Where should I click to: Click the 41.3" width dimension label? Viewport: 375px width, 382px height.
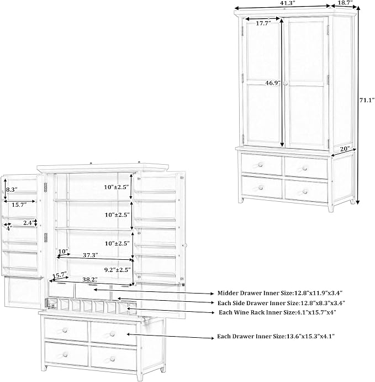pyautogui.click(x=287, y=3)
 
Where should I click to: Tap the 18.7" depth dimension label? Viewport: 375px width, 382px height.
pyautogui.click(x=346, y=3)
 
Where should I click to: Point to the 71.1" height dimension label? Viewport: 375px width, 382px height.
pyautogui.click(x=367, y=100)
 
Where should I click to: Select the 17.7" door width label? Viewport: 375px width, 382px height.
pyautogui.click(x=263, y=23)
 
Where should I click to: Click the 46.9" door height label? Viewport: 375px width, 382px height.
pyautogui.click(x=273, y=83)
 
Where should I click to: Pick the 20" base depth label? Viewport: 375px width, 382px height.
pyautogui.click(x=345, y=149)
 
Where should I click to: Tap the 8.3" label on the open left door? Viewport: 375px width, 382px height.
pyautogui.click(x=12, y=190)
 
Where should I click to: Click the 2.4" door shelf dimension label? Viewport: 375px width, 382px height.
pyautogui.click(x=29, y=223)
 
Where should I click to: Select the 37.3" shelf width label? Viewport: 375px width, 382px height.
pyautogui.click(x=91, y=255)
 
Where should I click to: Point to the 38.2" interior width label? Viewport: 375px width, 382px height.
pyautogui.click(x=90, y=280)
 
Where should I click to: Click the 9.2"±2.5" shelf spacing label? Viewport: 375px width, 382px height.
pyautogui.click(x=118, y=270)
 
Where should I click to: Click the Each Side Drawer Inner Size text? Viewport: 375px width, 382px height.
pyautogui.click(x=281, y=303)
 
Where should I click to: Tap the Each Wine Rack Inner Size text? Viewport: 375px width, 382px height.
pyautogui.click(x=277, y=312)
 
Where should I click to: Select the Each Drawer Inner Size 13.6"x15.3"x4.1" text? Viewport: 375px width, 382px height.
pyautogui.click(x=276, y=337)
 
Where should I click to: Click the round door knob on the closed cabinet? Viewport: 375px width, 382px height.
pyautogui.click(x=285, y=83)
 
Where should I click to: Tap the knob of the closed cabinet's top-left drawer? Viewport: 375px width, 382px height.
pyautogui.click(x=260, y=165)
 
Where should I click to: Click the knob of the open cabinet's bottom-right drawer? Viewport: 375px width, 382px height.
pyautogui.click(x=112, y=359)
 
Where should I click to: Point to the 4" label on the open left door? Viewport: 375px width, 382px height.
pyautogui.click(x=9, y=228)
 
